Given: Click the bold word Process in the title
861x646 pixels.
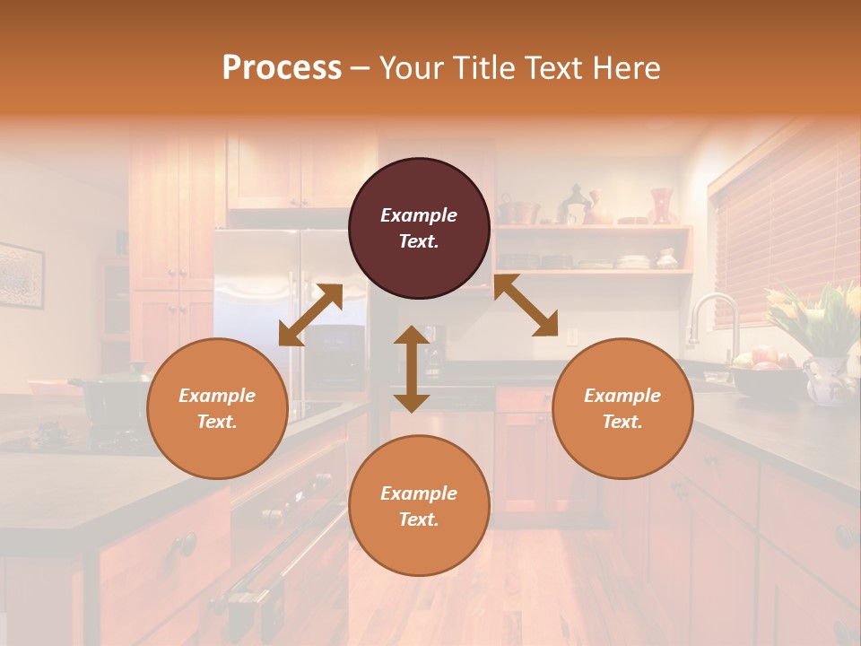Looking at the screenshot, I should point(282,68).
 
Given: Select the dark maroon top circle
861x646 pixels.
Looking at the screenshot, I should point(419,228).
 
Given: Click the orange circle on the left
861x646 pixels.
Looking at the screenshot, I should point(217,408).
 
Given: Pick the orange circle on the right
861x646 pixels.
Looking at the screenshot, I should point(622,408).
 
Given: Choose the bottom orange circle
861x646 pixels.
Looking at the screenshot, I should point(419,506).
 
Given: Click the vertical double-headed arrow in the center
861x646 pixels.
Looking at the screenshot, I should point(412,369).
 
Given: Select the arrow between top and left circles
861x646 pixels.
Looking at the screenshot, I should point(310,315).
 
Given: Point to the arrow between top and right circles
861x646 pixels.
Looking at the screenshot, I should point(526,306).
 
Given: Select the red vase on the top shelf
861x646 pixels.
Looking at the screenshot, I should point(661,205).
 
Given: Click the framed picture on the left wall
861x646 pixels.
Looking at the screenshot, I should point(21,275).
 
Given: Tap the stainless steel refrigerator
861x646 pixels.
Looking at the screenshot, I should point(260,296).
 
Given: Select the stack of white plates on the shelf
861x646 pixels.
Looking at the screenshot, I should point(633,261).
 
